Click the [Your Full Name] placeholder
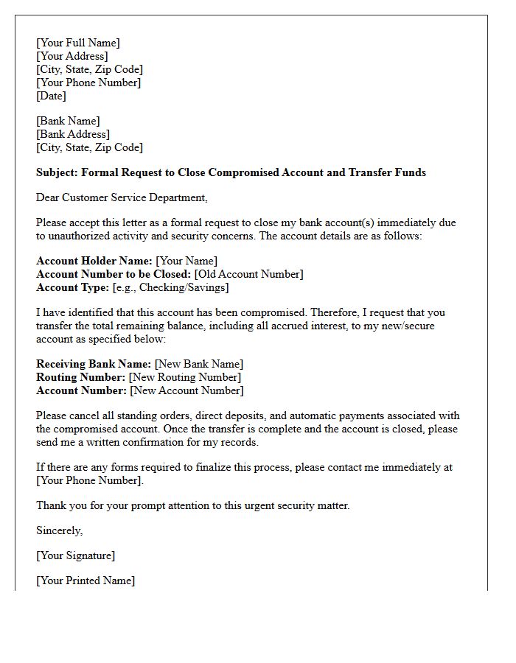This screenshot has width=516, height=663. click(x=77, y=43)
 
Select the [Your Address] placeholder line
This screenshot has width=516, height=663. click(x=72, y=56)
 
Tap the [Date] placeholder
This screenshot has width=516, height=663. click(x=51, y=96)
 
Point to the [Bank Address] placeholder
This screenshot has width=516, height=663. click(x=72, y=134)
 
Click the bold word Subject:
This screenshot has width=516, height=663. click(x=57, y=172)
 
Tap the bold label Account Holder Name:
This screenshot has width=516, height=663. click(x=94, y=261)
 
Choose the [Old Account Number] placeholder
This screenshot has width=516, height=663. click(x=248, y=274)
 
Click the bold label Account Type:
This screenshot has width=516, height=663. click(x=72, y=287)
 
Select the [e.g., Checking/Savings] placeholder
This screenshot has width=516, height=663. click(x=170, y=287)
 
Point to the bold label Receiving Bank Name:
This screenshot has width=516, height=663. click(x=94, y=364)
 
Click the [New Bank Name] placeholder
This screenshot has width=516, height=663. click(x=198, y=364)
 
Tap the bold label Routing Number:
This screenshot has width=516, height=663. click(x=80, y=377)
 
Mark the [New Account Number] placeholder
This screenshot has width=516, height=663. click(x=186, y=390)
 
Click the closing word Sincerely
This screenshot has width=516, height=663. click(x=59, y=530)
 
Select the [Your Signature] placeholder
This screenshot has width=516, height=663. click(x=75, y=555)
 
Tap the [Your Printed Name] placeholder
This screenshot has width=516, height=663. click(x=86, y=580)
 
